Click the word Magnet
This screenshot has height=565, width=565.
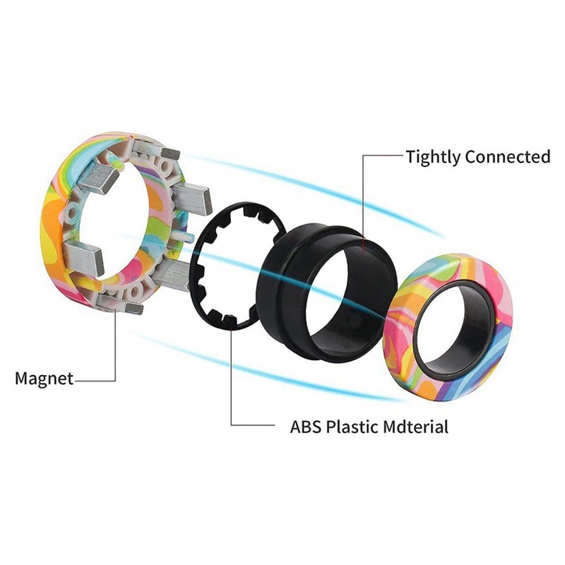coord(44,379)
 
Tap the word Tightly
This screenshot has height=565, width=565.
coord(433,157)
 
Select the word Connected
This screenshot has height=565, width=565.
coord(507,157)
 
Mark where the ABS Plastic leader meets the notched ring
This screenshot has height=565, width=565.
coord(232,326)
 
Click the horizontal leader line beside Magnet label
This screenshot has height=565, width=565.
coord(95,379)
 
